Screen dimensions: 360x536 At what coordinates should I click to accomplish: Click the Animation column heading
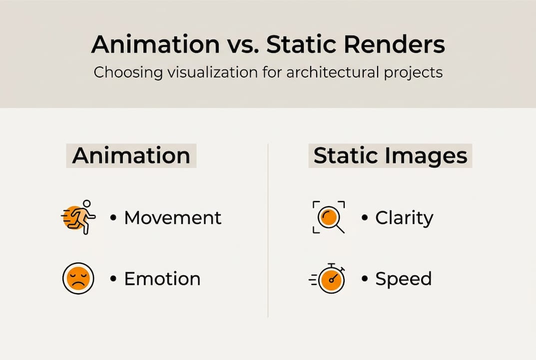(x=131, y=156)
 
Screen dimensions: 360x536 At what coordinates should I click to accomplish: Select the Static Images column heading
(x=390, y=156)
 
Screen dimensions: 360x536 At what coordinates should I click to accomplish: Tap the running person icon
(x=79, y=217)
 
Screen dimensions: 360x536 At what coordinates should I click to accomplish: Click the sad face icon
(x=78, y=278)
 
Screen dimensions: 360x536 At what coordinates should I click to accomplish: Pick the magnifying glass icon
(x=329, y=217)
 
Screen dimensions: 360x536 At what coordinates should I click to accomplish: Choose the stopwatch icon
(x=330, y=278)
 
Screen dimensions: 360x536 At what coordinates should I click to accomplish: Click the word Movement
(x=173, y=218)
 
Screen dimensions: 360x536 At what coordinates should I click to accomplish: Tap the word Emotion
(x=162, y=279)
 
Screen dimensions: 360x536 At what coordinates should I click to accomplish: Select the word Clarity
(x=404, y=218)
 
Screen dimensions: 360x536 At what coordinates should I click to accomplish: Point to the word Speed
(x=403, y=279)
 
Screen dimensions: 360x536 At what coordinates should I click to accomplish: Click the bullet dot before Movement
(x=113, y=218)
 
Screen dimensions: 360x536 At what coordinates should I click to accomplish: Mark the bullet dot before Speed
(x=365, y=279)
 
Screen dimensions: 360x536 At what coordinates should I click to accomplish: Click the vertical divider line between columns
(x=268, y=230)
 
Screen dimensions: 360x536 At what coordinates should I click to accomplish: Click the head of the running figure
(x=87, y=204)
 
